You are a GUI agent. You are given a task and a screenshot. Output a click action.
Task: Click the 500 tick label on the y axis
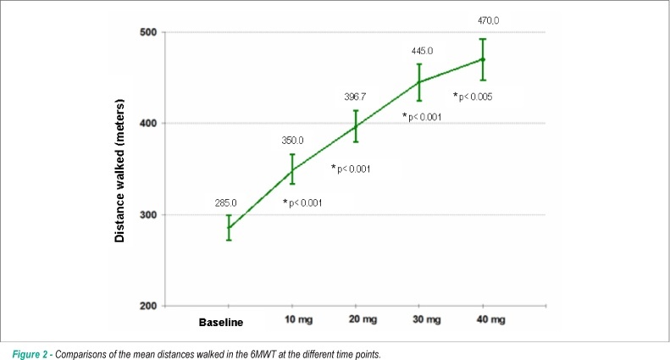148,32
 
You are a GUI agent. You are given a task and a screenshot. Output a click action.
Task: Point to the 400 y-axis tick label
148,124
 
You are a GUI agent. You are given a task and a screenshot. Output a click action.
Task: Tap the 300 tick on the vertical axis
148,215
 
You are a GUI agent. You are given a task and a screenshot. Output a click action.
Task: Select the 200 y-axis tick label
148,306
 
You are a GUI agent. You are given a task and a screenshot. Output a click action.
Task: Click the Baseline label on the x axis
221,323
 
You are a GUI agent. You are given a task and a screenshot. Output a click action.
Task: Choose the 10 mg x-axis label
299,320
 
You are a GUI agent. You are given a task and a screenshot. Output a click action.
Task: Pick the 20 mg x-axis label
363,320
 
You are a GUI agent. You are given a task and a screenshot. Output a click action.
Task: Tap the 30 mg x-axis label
426,320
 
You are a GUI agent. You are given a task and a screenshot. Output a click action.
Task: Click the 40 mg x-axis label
491,320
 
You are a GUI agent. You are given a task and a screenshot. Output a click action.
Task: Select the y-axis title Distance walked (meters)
119,170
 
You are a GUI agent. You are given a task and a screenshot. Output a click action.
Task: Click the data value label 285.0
225,203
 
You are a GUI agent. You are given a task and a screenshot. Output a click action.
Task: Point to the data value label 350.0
293,141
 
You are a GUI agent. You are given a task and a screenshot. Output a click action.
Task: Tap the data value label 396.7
355,97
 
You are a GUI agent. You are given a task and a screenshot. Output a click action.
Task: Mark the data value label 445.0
422,52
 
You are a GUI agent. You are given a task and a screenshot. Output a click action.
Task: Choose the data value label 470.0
489,20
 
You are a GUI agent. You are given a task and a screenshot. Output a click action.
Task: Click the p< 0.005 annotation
475,97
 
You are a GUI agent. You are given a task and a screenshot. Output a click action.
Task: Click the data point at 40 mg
483,59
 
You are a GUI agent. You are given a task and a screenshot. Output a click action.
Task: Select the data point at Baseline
229,228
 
